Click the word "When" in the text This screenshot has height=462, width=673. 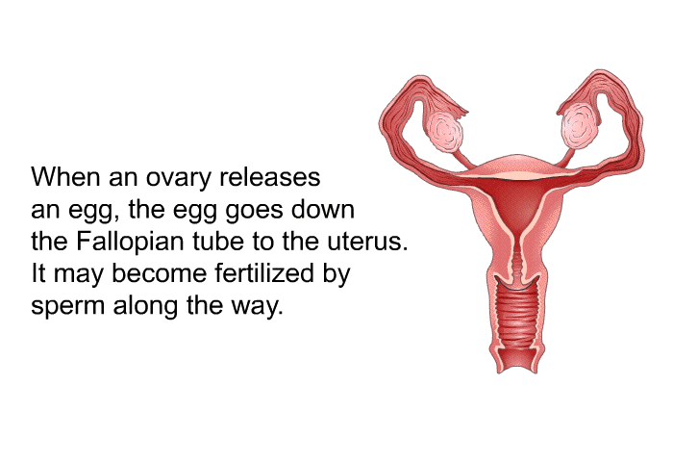pos(65,176)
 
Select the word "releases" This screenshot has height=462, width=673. pos(270,176)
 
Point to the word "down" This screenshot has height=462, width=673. pos(323,209)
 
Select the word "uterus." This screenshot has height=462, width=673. pos(367,242)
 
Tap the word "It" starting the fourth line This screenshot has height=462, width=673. pos(38,273)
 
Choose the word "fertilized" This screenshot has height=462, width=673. pos(264,273)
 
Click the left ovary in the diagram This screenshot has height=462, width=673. pos(444,131)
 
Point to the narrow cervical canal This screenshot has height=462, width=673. pos(517,258)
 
